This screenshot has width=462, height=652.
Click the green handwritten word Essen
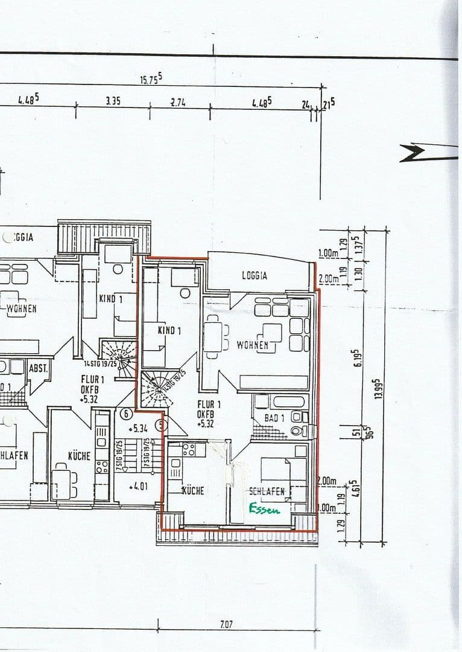tap(265, 510)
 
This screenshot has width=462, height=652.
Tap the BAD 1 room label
tap(274, 418)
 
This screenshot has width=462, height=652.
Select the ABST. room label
tap(38, 368)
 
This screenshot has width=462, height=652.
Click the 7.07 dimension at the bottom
tap(226, 624)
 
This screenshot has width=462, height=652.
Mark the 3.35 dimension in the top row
tap(113, 101)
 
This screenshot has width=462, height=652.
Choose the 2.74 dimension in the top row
tap(178, 102)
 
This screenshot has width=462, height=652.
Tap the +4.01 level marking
tap(138, 485)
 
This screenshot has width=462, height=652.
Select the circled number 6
tap(126, 414)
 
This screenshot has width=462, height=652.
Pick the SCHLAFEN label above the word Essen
tap(267, 491)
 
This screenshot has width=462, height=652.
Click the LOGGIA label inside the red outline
tap(255, 275)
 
